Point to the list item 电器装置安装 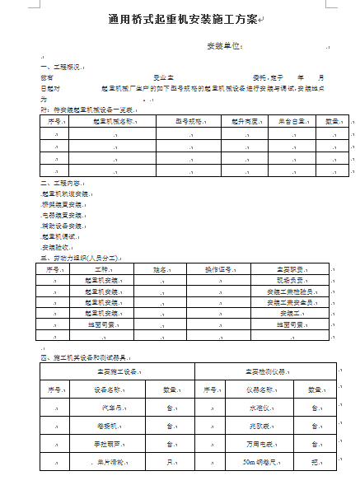63,214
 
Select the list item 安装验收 54,246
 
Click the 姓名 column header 161,268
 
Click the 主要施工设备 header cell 117,371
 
